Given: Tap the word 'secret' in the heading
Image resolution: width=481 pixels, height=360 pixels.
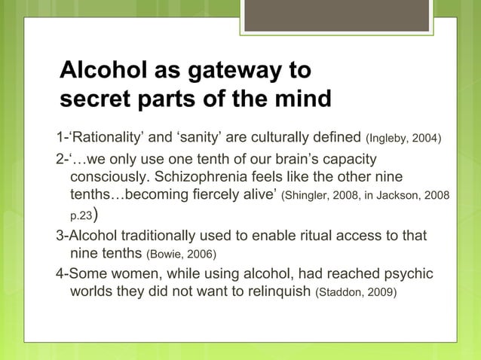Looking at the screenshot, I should coord(94,99).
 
